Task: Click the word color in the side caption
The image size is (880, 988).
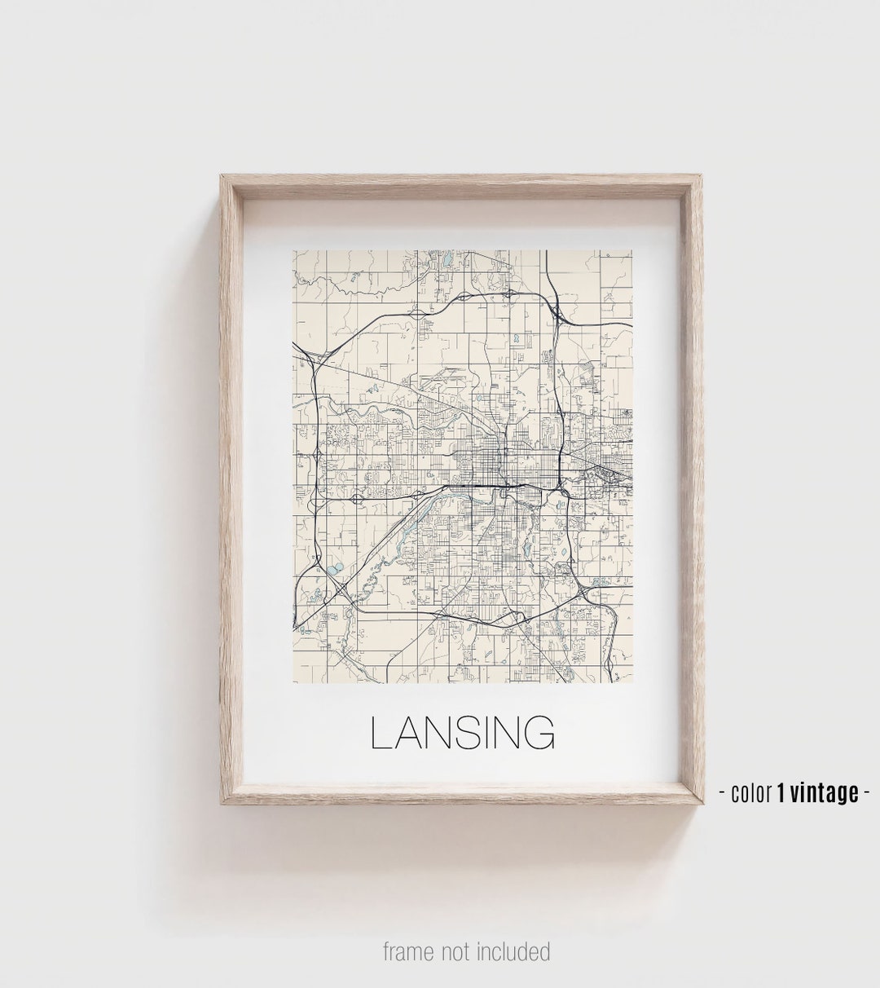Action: click(751, 792)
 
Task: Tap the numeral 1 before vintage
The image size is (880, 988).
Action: click(781, 792)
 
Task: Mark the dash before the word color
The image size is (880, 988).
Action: click(724, 792)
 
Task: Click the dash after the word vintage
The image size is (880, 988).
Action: click(867, 792)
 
